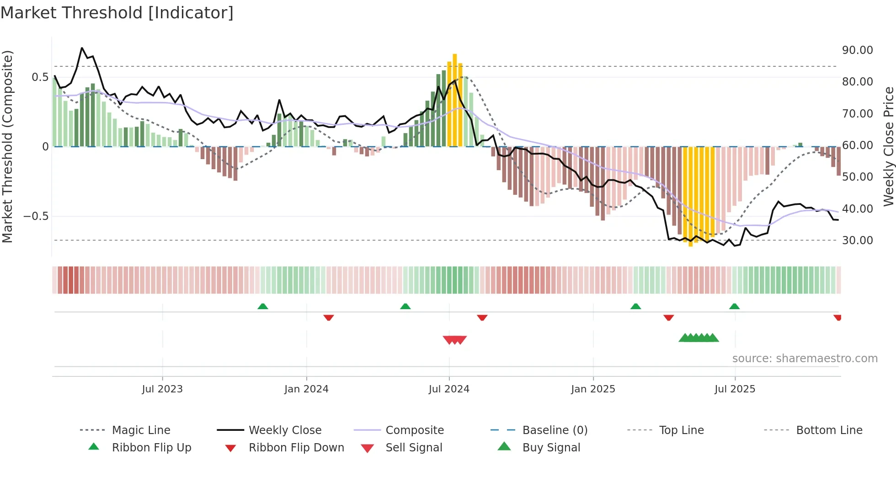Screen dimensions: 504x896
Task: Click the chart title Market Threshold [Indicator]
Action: pos(117,13)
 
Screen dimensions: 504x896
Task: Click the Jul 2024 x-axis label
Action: pos(449,389)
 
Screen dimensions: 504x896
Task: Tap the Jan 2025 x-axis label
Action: pos(593,389)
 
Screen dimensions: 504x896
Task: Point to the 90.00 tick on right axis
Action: pos(857,50)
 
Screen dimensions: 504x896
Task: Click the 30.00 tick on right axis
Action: pos(857,240)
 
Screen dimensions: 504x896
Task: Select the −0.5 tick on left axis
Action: pos(36,216)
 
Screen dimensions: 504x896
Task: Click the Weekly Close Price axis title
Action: pos(888,146)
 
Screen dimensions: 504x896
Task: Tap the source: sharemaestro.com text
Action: pos(805,358)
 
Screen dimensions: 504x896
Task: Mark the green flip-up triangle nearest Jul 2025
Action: pos(734,306)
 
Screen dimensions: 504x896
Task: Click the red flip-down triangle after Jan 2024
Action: pos(328,317)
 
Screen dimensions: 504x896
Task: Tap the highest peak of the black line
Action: pos(82,48)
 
